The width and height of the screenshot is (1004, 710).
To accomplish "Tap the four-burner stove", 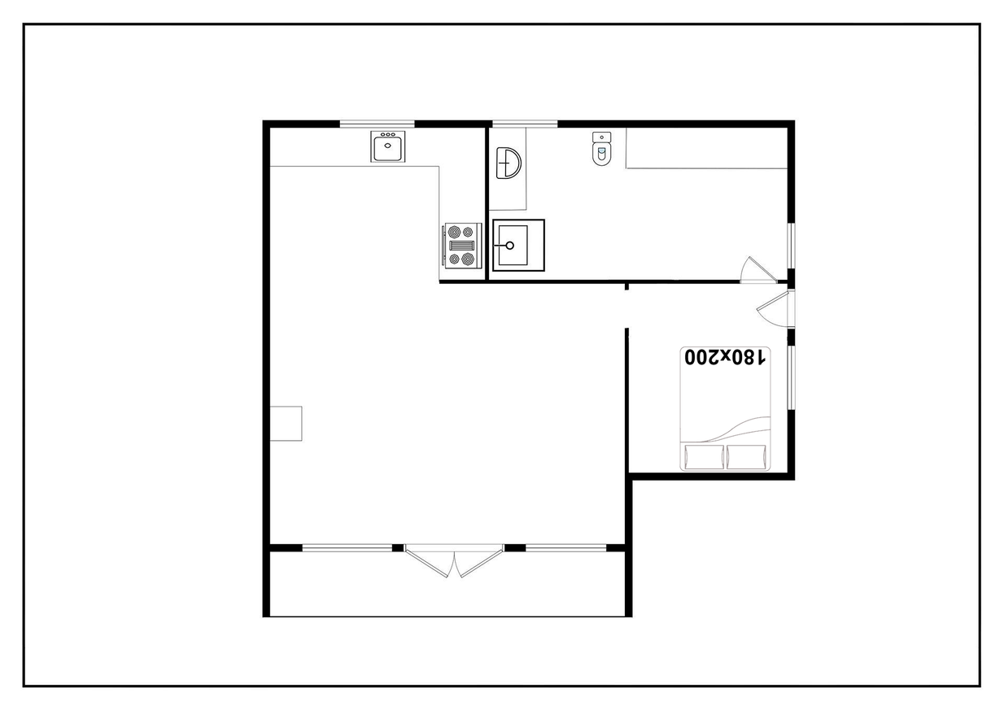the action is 462,246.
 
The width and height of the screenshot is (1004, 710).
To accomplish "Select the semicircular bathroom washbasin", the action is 509,163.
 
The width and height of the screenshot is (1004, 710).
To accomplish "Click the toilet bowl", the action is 601,154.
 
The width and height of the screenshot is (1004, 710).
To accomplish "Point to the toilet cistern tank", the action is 601,137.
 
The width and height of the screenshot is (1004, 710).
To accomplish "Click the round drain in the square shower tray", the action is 509,246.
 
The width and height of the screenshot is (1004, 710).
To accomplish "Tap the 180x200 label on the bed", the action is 725,358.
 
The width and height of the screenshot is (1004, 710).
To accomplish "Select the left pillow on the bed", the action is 704,457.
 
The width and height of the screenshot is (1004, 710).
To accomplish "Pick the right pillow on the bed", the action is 746,457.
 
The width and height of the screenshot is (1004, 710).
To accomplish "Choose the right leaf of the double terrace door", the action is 479,561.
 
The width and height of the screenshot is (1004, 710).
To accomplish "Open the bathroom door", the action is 758,270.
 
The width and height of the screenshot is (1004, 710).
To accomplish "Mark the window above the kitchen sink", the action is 377,124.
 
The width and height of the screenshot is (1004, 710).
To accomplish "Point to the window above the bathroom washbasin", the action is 525,124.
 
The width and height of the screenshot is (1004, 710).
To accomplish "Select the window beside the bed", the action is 791,377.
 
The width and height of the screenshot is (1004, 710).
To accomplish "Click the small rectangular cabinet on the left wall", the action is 286,423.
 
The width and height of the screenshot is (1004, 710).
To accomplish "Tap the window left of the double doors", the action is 347,547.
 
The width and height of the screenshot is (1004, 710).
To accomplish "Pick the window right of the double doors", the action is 566,547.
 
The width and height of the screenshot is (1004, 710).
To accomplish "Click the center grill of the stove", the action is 461,246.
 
